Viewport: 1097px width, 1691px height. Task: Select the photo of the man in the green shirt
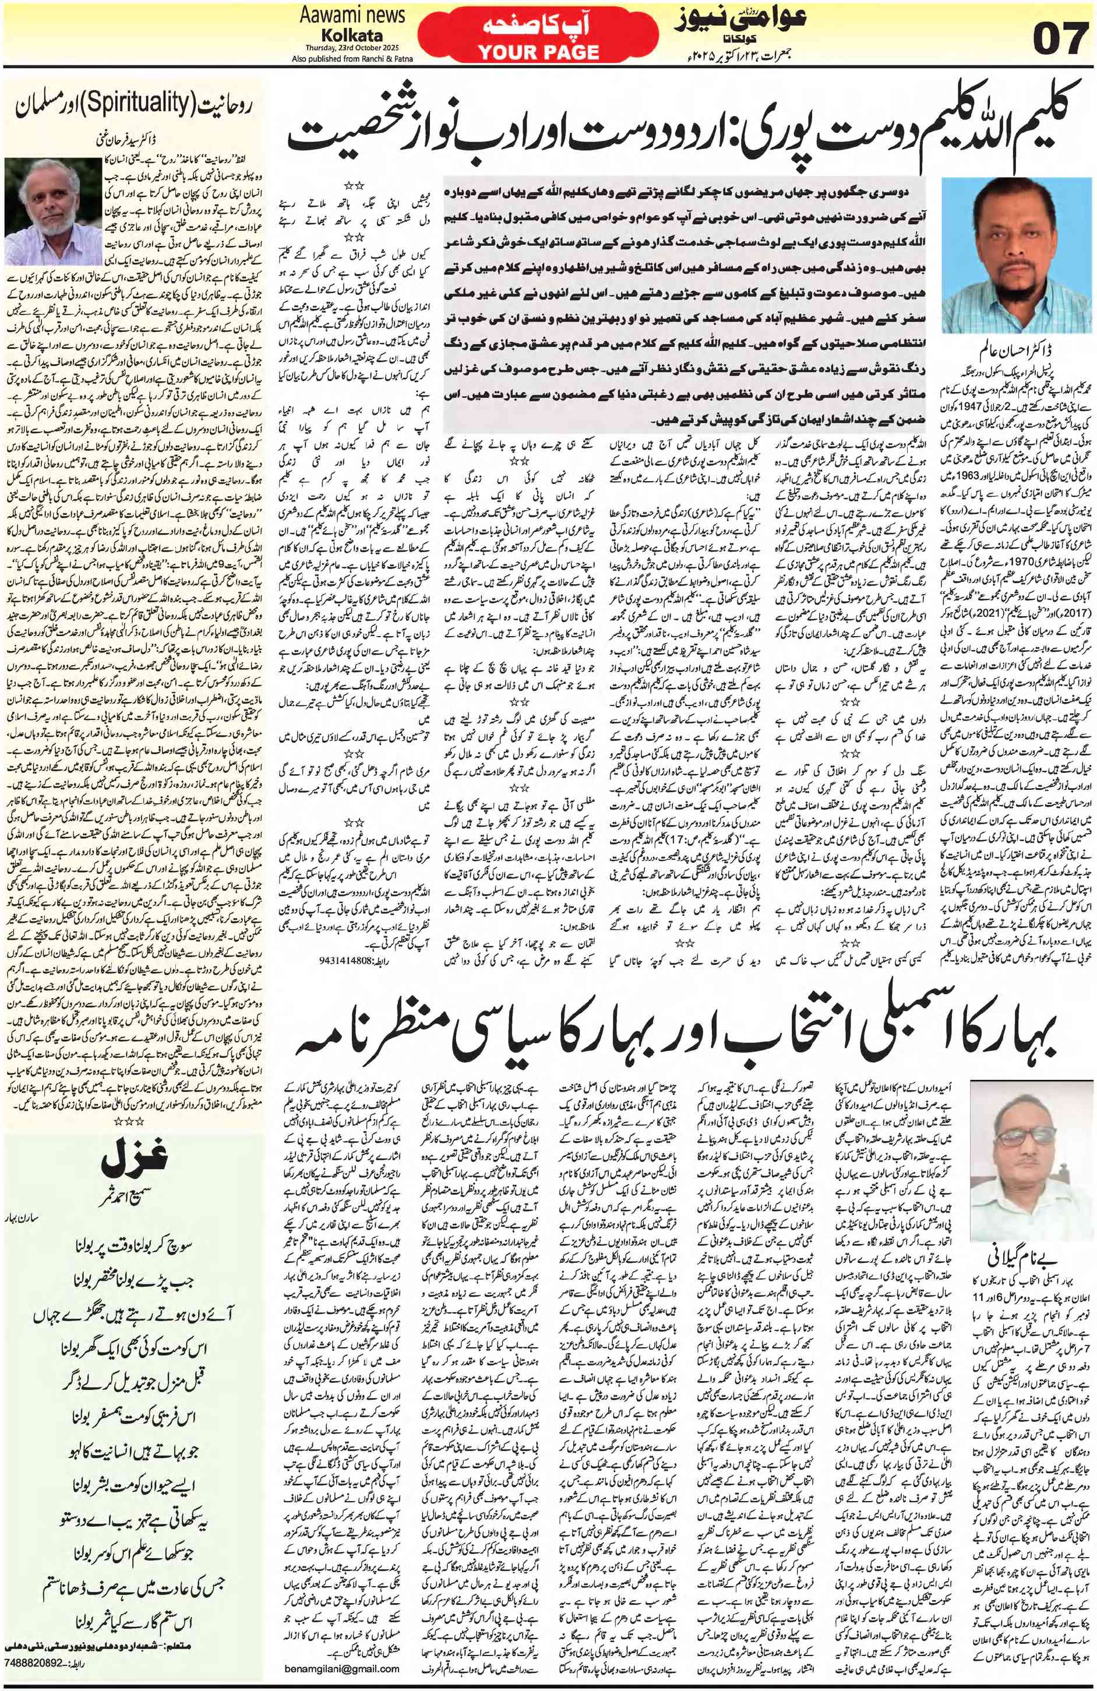pos(1016,255)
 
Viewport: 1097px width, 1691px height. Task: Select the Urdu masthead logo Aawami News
pos(739,20)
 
